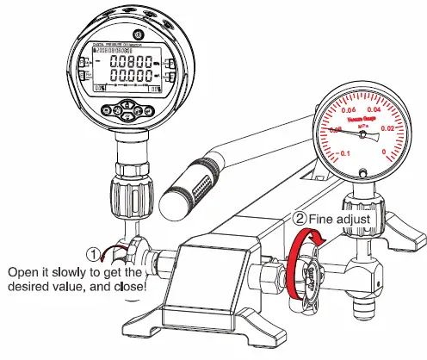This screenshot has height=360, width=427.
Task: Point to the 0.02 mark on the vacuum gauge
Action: click(387, 128)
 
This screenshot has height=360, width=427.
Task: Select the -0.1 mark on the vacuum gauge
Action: click(343, 152)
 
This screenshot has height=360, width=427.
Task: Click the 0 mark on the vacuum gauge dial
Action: click(381, 151)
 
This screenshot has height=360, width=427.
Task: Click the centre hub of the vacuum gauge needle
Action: click(362, 134)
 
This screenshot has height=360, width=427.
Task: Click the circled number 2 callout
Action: click(301, 219)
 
